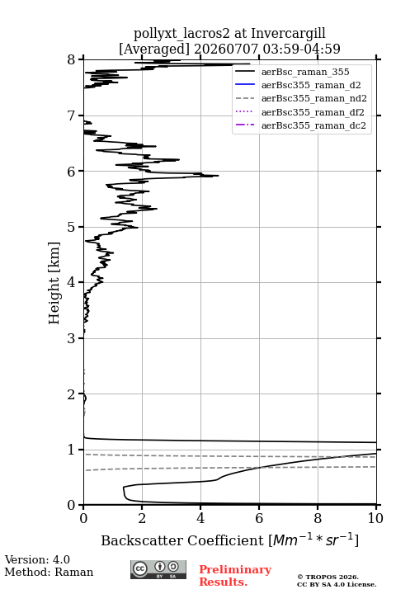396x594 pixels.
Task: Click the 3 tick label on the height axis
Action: pos(72,338)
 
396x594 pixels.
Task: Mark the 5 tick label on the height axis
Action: pos(72,227)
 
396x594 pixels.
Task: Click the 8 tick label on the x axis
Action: pos(318,518)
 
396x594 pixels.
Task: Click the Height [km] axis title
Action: pos(54,283)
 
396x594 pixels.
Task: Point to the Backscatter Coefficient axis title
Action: pos(229,540)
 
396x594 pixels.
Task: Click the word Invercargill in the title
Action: pos(289,34)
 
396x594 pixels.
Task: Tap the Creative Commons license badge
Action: pos(158,569)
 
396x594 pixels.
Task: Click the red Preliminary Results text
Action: pos(235,576)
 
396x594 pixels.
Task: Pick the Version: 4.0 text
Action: pos(37,559)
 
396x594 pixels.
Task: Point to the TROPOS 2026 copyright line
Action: pos(328,577)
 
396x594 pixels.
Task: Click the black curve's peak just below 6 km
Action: pos(219,176)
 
